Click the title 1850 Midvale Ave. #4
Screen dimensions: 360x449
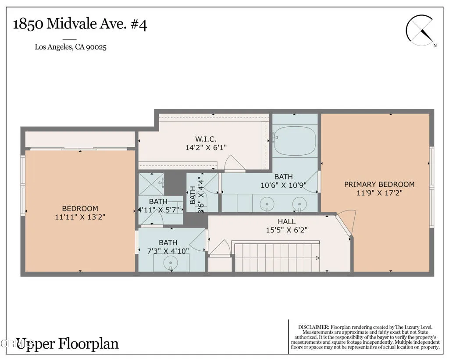pyautogui.click(x=80, y=24)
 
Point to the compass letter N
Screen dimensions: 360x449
pyautogui.click(x=435, y=46)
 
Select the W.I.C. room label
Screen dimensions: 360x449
pyautogui.click(x=206, y=139)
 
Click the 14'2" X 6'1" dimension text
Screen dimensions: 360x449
pyautogui.click(x=206, y=148)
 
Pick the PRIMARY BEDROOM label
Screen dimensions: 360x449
pyautogui.click(x=379, y=184)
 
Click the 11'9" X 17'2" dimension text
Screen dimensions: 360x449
pyautogui.click(x=379, y=193)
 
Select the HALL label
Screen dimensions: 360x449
pyautogui.click(x=286, y=221)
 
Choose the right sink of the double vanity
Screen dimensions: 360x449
pyautogui.click(x=299, y=204)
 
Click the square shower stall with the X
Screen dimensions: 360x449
pyautogui.click(x=151, y=184)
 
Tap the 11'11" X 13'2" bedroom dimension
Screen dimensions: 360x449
pyautogui.click(x=80, y=217)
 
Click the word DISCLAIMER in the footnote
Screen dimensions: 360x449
pyautogui.click(x=313, y=327)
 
